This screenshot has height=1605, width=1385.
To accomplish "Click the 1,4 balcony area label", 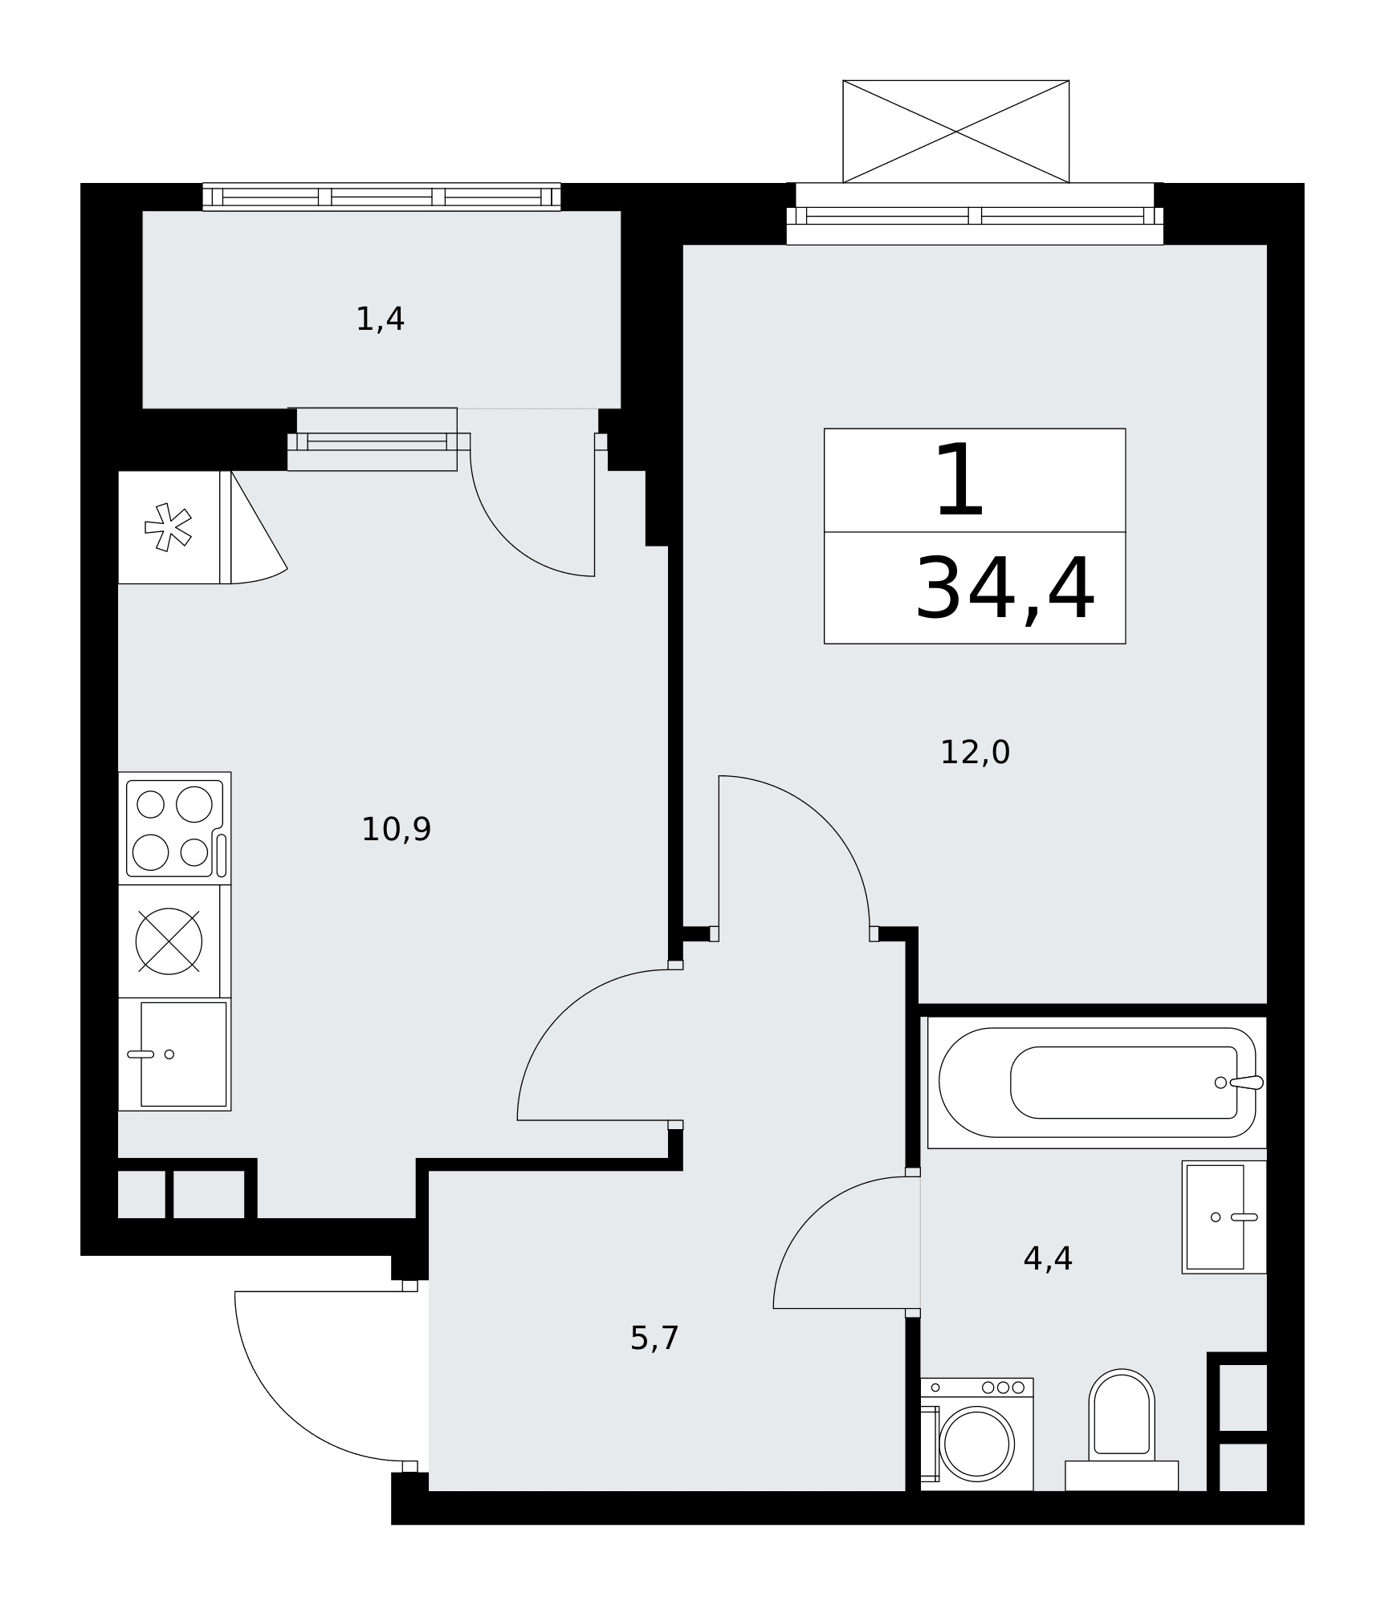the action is (380, 319).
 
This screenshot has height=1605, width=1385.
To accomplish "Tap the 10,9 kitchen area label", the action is (396, 829).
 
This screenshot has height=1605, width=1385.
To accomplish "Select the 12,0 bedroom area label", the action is (975, 752).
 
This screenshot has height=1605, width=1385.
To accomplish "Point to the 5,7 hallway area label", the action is (654, 1338).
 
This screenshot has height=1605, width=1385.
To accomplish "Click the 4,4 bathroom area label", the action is (1048, 1258).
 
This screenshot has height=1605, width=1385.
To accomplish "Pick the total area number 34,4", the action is (1005, 589).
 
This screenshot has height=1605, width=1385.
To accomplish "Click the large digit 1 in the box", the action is (960, 481).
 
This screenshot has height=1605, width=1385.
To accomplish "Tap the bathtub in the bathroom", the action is (1097, 1083).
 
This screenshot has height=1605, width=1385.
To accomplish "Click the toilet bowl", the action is (1122, 1415).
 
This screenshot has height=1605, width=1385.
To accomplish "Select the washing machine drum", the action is (976, 1444).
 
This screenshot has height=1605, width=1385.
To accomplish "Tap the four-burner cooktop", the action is (175, 828).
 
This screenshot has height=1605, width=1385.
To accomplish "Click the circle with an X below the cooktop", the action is (169, 941).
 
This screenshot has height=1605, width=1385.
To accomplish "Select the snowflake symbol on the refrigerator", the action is (168, 527).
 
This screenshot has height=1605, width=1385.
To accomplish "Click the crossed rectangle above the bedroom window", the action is (955, 132).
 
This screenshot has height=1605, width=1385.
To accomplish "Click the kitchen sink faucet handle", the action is (141, 1054).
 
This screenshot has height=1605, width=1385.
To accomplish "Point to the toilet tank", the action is (1122, 1476).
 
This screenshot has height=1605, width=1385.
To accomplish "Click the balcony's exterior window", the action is (381, 197).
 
